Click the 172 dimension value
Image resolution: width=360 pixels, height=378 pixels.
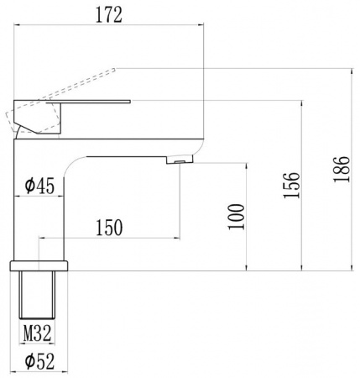109,15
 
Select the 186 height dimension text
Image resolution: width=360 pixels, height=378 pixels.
342,169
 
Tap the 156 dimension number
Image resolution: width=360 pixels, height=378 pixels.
291,185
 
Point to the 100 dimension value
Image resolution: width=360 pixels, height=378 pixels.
237,217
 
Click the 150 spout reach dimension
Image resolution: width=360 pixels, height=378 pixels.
109,228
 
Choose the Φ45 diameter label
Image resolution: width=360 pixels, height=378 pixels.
39,186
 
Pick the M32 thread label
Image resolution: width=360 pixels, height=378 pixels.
37,333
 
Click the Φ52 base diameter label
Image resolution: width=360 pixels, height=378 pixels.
39,361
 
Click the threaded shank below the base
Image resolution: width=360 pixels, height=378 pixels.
37,295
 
